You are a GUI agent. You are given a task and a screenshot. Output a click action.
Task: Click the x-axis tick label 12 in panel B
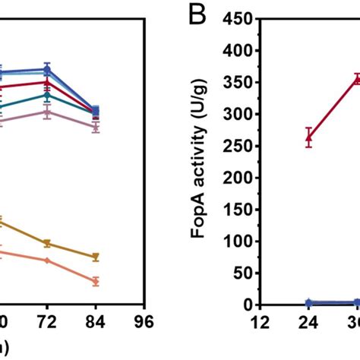tap(261, 322)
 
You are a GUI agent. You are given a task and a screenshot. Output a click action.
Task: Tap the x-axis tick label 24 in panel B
tap(308, 322)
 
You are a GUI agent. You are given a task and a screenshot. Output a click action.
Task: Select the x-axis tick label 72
tap(47, 322)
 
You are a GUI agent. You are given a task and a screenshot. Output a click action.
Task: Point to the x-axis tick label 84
tap(95, 322)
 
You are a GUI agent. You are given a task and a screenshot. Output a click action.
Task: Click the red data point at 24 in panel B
tap(308, 137)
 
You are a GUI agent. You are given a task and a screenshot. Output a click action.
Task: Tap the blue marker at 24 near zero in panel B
tap(308, 303)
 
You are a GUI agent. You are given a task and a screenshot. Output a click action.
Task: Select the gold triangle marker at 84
tap(95, 257)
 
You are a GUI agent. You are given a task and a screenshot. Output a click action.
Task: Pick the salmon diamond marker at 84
tap(95, 281)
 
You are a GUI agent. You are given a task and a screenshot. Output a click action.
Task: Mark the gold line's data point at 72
tap(47, 243)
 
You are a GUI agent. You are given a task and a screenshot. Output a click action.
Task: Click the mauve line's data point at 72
tap(47, 112)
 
